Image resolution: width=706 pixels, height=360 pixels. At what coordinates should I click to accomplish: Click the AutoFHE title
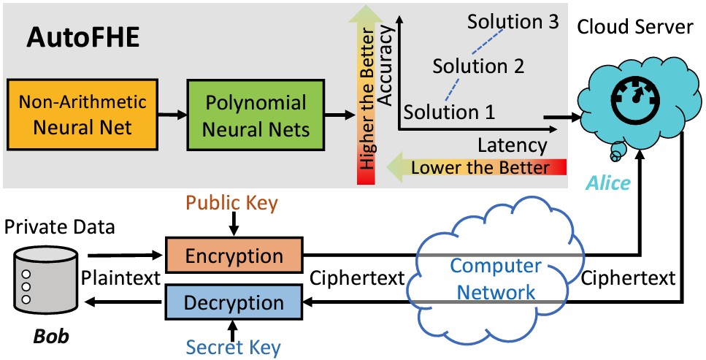[x=83, y=37]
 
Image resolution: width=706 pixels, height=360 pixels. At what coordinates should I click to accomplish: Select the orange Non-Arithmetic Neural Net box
[x=82, y=115]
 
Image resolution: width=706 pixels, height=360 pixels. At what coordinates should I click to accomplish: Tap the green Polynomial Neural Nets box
[x=256, y=115]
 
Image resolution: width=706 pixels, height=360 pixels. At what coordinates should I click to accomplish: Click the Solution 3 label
[x=513, y=21]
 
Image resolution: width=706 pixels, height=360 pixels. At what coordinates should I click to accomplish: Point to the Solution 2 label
[x=479, y=66]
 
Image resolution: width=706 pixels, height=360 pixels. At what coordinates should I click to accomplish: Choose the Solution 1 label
[x=449, y=112]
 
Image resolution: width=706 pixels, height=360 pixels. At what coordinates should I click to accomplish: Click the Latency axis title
[x=513, y=145]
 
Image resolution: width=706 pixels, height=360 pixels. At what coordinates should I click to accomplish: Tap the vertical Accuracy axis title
[x=386, y=66]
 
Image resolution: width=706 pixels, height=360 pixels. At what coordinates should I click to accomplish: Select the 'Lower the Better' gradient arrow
[x=476, y=168]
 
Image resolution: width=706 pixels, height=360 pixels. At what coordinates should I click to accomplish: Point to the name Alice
[x=607, y=183]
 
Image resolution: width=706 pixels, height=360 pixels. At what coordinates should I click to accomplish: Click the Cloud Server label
[x=635, y=26]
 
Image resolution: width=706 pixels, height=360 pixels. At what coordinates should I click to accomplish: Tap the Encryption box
[x=234, y=255]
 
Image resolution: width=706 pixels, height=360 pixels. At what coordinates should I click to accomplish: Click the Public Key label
[x=232, y=203]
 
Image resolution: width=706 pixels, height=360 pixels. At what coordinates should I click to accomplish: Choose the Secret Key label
[x=233, y=348]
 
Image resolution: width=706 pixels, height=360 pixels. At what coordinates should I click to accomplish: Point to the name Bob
[x=51, y=336]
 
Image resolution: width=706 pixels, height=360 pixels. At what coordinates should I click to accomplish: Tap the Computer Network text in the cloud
[x=496, y=280]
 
